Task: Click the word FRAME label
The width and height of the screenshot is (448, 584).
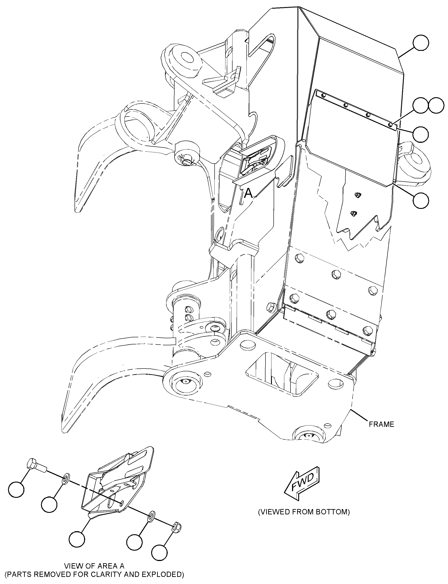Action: pyautogui.click(x=381, y=424)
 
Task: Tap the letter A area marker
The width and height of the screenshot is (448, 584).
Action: pyautogui.click(x=248, y=193)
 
